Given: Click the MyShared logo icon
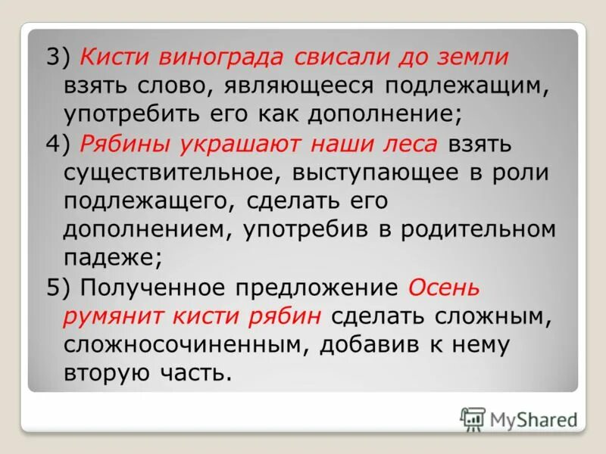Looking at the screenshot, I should click(473, 418).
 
